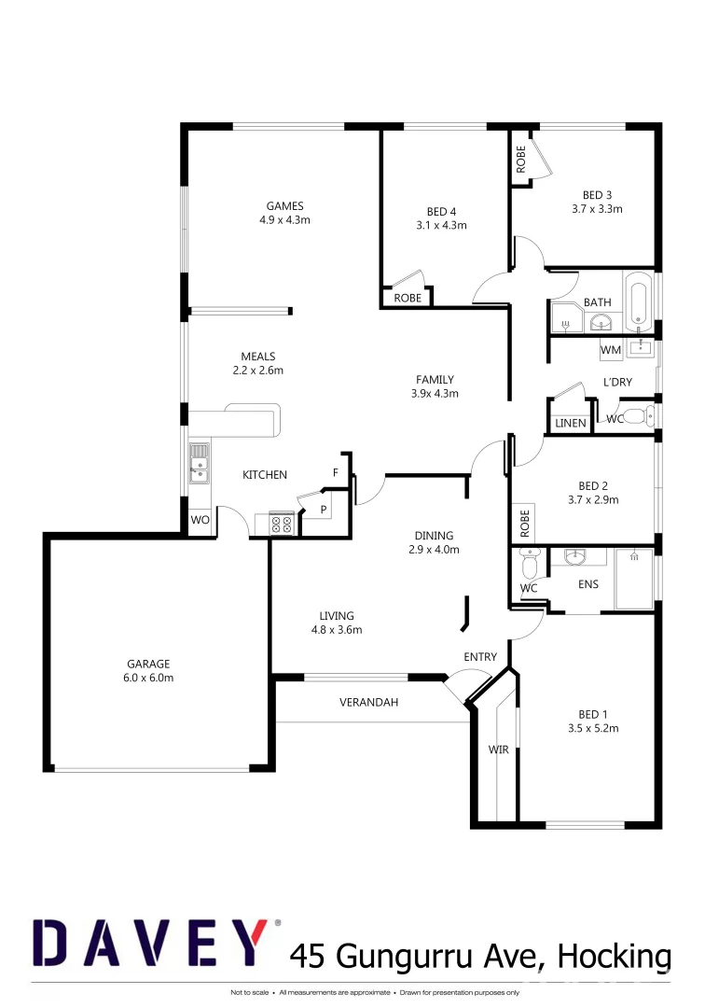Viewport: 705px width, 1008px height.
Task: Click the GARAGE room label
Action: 148,664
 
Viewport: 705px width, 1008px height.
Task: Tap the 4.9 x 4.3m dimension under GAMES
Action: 284,220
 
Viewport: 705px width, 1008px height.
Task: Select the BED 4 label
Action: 441,211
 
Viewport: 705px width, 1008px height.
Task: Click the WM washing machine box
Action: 610,350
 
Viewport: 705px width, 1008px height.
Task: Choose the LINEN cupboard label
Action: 570,423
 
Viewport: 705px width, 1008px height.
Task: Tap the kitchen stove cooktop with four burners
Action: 282,524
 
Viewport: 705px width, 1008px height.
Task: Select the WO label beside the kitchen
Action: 200,520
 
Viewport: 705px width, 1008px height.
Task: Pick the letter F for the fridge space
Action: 336,473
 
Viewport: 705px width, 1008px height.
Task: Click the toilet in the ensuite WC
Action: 530,565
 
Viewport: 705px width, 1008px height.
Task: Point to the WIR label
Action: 499,749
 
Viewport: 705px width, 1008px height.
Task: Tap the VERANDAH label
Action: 368,702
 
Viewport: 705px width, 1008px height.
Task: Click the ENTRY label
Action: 480,657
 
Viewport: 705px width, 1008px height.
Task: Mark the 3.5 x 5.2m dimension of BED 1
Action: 593,728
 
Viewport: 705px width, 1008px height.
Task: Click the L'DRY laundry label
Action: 617,382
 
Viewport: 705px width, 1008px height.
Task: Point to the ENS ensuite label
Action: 588,584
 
